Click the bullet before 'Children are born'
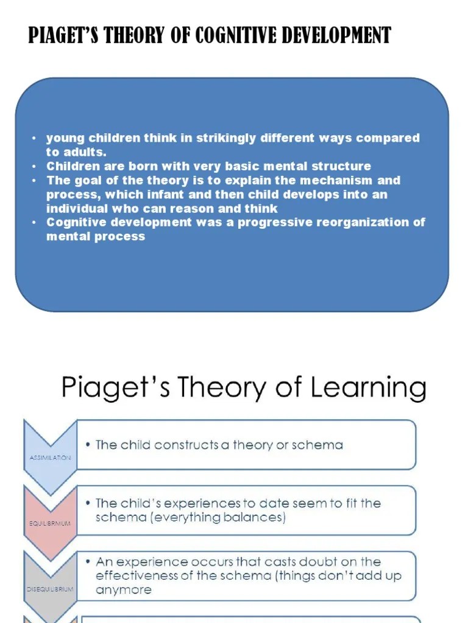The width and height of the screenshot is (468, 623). (x=35, y=166)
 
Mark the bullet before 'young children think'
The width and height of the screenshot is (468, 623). (x=35, y=138)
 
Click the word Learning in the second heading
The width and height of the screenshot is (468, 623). (x=369, y=387)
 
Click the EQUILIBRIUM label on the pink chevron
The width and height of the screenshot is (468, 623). (x=50, y=523)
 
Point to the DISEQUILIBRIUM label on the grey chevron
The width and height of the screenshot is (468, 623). (x=50, y=589)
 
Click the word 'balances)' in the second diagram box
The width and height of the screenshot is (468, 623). (x=258, y=518)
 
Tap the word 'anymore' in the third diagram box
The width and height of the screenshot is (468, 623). (x=124, y=590)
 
